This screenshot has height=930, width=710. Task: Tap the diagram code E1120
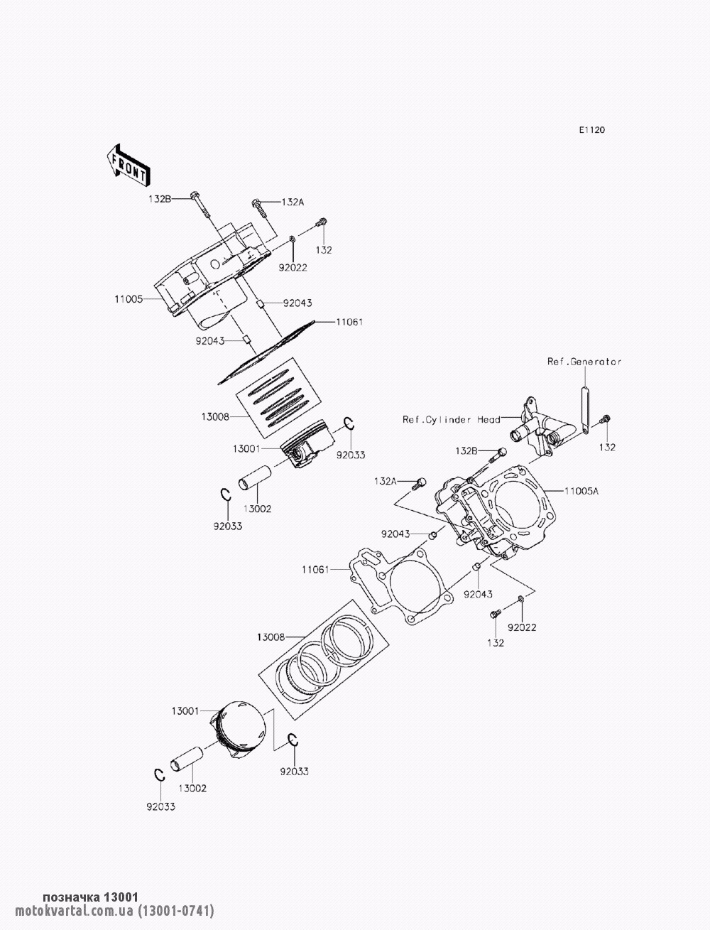(591, 130)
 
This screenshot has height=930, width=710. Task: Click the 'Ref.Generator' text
(584, 362)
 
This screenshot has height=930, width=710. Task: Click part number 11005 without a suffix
(129, 300)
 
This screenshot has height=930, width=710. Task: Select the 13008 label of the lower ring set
(271, 637)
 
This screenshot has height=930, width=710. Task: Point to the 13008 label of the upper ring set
(214, 418)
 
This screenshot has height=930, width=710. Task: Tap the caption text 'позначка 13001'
(91, 897)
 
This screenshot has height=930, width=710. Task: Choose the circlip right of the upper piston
(349, 424)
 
